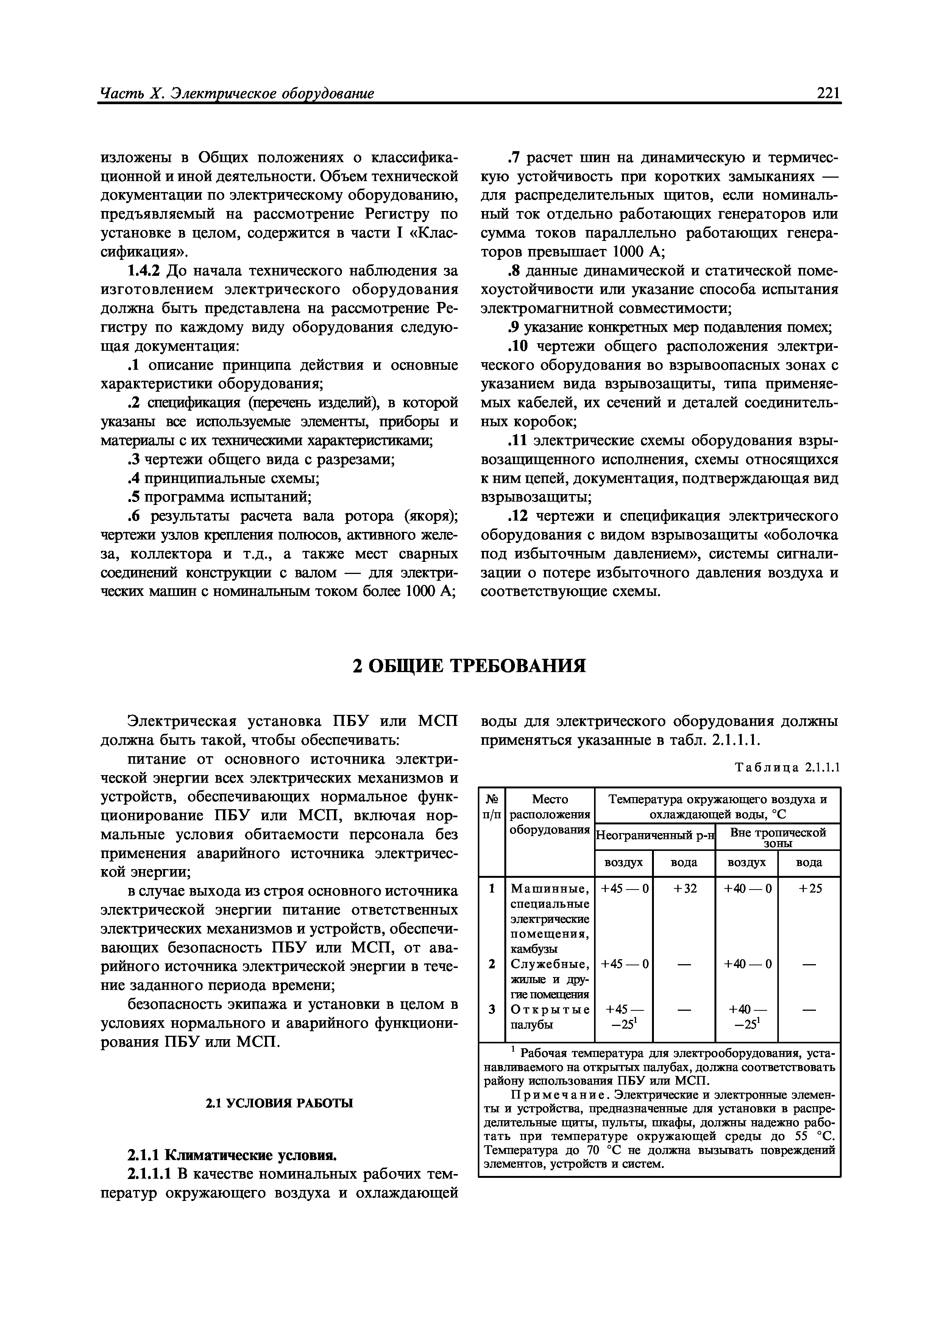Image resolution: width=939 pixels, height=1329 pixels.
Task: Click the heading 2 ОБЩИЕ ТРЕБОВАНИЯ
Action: coord(469,666)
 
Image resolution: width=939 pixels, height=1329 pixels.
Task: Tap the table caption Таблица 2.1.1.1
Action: coord(786,768)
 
